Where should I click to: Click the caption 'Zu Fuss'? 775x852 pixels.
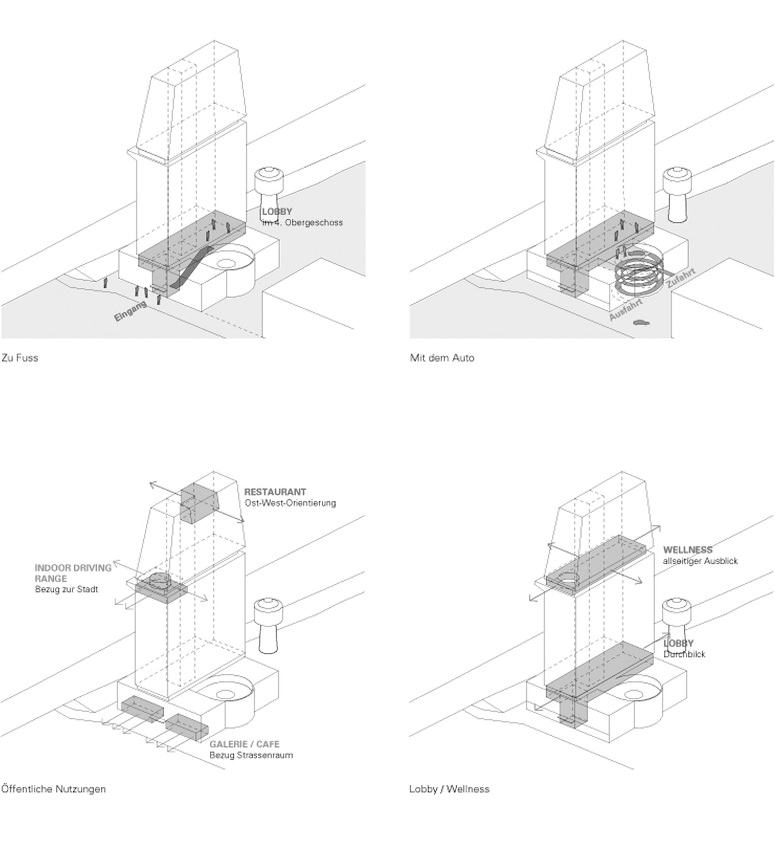click(20, 358)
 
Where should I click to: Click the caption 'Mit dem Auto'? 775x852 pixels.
click(442, 358)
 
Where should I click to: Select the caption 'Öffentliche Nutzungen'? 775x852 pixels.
click(53, 789)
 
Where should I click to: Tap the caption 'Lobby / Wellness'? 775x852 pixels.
click(449, 789)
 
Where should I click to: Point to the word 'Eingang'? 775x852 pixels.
click(130, 311)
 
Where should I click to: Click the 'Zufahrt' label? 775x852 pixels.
click(681, 278)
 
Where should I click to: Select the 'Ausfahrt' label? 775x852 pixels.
click(625, 309)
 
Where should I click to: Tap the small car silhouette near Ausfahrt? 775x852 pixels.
click(641, 322)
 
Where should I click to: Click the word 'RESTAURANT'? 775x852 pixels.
click(275, 492)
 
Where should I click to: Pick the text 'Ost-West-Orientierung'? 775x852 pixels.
click(290, 503)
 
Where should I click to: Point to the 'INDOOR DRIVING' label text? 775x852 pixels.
click(73, 568)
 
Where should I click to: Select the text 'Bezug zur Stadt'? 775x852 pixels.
click(66, 590)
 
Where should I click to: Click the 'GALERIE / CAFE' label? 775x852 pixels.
click(244, 744)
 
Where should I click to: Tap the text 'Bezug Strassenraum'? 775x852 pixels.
click(251, 755)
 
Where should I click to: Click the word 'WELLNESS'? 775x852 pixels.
click(688, 550)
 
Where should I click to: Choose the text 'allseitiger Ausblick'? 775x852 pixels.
click(700, 561)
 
